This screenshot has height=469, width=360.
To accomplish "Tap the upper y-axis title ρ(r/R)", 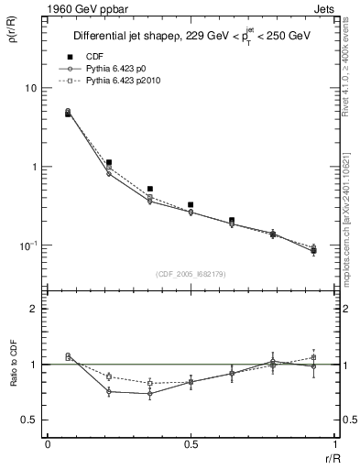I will point(12,37).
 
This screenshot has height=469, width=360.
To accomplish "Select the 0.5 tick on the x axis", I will point(191,443).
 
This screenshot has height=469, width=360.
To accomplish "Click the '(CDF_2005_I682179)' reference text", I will point(191,274).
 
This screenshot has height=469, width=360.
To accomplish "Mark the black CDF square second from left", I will point(109,162).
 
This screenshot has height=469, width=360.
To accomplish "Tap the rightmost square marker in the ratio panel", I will point(313,357).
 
